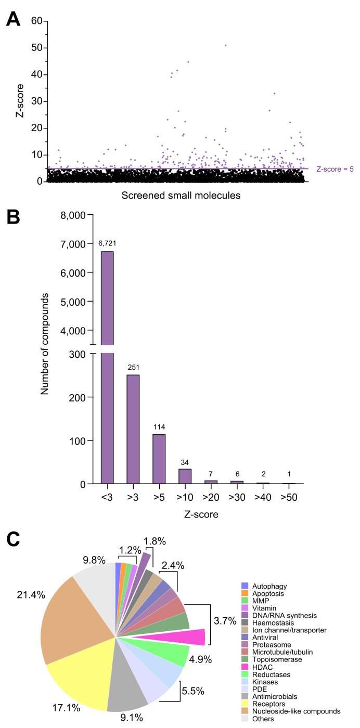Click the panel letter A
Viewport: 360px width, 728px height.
point(14,19)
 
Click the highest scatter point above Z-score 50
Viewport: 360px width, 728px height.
point(225,45)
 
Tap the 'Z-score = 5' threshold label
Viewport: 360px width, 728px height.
point(335,169)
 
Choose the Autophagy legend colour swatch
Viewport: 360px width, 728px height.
point(245,586)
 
